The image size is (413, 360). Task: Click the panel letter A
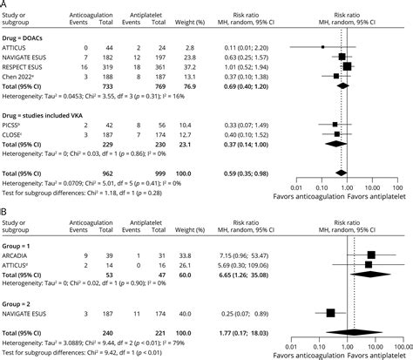[4, 5]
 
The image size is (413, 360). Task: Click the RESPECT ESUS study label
[25, 65]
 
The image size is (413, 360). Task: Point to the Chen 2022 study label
[21, 75]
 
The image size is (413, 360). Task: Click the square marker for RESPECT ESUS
[347, 65]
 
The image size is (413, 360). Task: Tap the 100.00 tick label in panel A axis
[396, 186]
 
